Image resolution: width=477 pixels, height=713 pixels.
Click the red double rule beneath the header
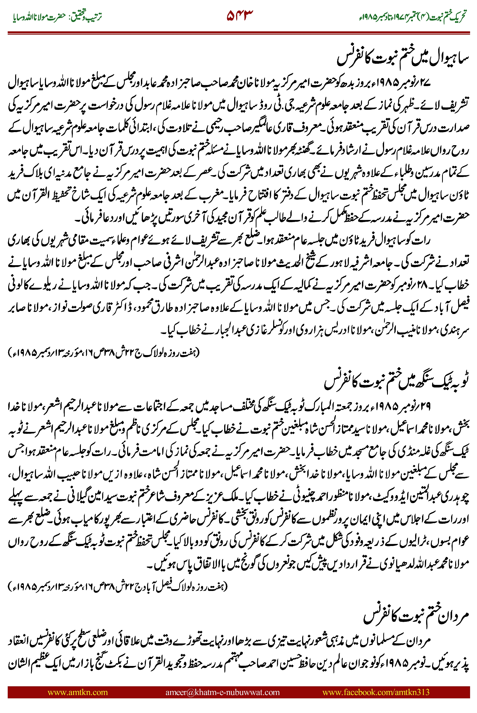[x=238, y=33]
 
